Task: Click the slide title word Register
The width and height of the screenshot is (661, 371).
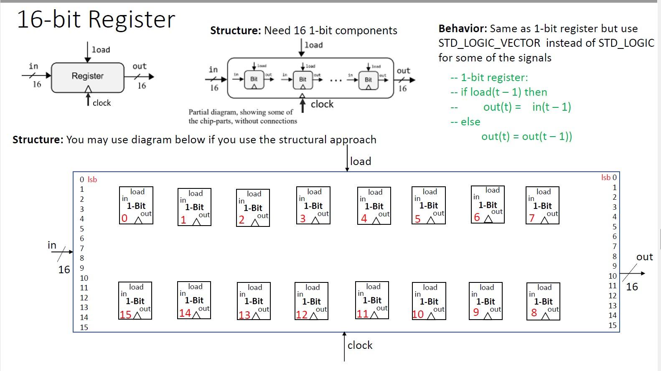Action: [132, 20]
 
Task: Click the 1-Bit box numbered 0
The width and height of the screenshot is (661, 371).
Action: [136, 205]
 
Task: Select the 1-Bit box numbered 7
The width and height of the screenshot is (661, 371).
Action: [542, 205]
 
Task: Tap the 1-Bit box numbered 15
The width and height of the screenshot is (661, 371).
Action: [135, 300]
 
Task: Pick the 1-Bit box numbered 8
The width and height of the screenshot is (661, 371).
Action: [543, 301]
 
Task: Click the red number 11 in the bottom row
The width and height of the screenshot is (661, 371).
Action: [362, 314]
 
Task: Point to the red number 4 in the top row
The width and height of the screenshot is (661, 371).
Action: [364, 218]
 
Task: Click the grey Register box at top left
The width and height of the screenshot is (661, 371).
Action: [88, 77]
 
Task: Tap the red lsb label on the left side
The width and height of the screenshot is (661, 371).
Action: [92, 180]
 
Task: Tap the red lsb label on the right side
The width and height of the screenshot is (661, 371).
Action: [605, 178]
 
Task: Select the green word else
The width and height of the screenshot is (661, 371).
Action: [470, 122]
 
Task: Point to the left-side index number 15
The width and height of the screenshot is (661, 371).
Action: [84, 327]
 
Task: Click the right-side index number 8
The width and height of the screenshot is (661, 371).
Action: [614, 256]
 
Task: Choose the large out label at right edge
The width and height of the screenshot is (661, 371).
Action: [644, 257]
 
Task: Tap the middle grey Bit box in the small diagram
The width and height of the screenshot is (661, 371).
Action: [303, 79]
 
